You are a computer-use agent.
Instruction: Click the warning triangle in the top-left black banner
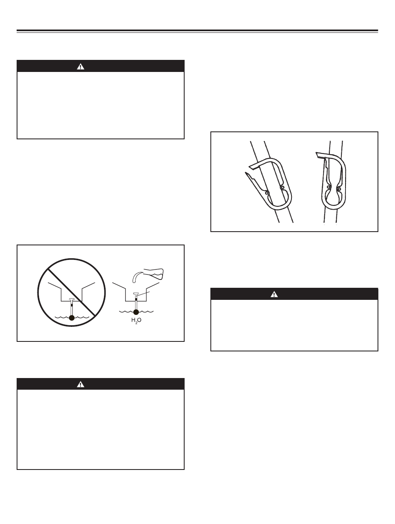[x=80, y=67]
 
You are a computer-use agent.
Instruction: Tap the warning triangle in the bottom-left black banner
[x=80, y=384]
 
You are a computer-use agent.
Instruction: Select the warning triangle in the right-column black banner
[x=274, y=294]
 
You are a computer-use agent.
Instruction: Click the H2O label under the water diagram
[x=136, y=320]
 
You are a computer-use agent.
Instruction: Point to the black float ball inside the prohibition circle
[x=72, y=318]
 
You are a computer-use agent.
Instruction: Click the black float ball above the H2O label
[x=136, y=312]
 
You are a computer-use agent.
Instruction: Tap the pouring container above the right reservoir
[x=153, y=274]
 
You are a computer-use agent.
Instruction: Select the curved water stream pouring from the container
[x=137, y=277]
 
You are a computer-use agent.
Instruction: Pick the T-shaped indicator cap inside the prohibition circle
[x=72, y=299]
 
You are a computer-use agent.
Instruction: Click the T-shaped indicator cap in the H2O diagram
[x=136, y=293]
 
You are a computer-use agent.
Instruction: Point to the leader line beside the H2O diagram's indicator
[x=143, y=294]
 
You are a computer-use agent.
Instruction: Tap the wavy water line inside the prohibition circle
[x=72, y=317]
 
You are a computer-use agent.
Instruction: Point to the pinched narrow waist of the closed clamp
[x=333, y=188]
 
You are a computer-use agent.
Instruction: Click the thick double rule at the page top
[x=197, y=31]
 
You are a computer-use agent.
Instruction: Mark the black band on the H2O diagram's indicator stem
[x=136, y=299]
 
